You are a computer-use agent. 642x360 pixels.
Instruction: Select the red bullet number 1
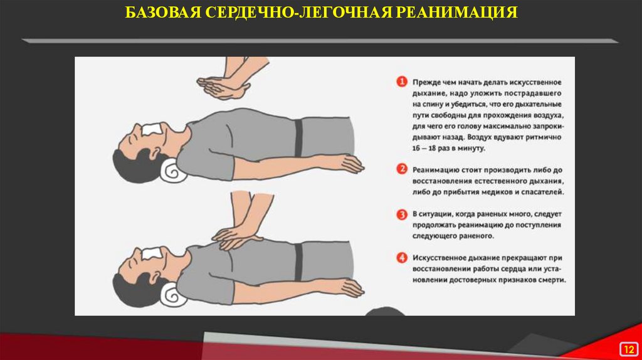(x=402, y=82)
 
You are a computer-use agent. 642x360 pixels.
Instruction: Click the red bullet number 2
(x=402, y=169)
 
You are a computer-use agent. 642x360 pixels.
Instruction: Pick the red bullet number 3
(x=402, y=214)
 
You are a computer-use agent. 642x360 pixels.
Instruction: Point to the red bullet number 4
(x=402, y=258)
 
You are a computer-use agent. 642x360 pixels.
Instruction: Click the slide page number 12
(x=629, y=349)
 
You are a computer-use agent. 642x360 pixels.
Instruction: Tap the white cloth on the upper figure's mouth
(x=152, y=129)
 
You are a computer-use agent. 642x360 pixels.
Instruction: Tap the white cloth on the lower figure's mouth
(x=152, y=253)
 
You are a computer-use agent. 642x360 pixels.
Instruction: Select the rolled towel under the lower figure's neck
(x=173, y=295)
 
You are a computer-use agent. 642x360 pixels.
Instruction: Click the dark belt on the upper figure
(x=298, y=138)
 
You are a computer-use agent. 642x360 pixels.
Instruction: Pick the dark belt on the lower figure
(x=298, y=262)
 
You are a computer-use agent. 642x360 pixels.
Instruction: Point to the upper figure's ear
(x=155, y=153)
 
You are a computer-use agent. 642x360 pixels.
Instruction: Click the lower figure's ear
(x=155, y=277)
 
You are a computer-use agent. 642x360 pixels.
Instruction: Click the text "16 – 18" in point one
(x=424, y=148)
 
